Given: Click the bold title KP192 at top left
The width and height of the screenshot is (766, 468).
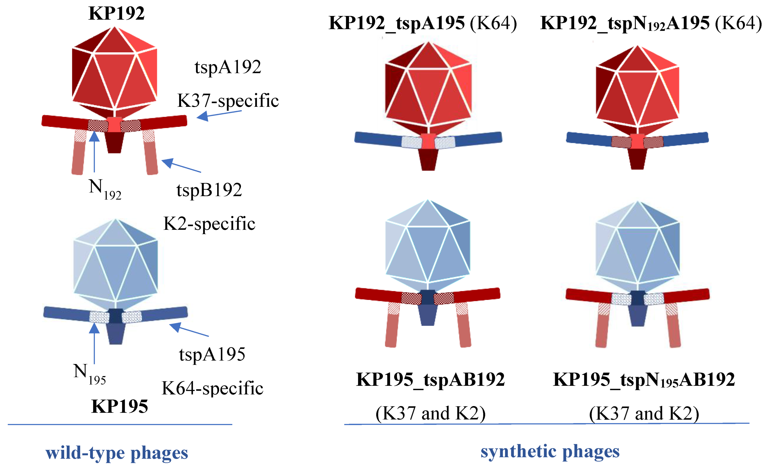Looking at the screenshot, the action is pos(116,13).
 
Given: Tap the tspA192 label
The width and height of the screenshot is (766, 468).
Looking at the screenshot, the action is pos(228,67).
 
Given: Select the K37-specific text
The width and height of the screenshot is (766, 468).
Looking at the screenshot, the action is pos(228,101).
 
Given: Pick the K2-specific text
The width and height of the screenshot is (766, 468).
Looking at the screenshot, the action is pos(209,224).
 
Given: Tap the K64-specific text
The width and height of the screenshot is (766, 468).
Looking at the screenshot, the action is pos(212,388).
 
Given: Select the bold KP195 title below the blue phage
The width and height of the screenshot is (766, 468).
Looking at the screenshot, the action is pos(119,406).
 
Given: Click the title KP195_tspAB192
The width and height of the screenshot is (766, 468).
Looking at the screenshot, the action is pos(430,379).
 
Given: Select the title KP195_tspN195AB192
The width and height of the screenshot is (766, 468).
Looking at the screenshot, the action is pos(644,380).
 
